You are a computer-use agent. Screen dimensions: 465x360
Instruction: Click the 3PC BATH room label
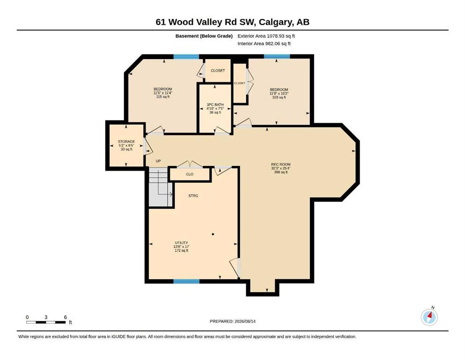pos(215,105)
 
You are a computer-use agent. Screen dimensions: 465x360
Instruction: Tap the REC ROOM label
pos(281,165)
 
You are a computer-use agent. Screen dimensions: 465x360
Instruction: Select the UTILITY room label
pos(181,243)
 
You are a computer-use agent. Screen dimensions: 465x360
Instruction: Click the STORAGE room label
pos(126,142)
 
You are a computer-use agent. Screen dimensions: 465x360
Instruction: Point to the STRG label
pos(193,196)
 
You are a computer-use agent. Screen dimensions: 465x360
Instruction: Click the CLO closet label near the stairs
pos(190,174)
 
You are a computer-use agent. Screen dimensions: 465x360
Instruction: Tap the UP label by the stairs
pos(158,161)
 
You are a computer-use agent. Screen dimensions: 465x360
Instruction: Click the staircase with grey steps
pos(161,187)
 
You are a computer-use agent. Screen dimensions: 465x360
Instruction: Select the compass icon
pos(429,317)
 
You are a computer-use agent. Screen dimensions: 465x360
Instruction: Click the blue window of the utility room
pos(186,281)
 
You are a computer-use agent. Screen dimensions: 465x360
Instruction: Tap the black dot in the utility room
pos(213,234)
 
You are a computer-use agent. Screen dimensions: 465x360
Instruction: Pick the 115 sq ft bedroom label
pos(163,93)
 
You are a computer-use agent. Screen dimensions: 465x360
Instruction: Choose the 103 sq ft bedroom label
pos(279,93)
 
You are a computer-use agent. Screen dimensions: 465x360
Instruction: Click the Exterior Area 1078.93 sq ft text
pos(266,36)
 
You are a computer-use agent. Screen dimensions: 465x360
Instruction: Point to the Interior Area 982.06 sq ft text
pos(264,44)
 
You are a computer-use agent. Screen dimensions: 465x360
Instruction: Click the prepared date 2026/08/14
pos(245,321)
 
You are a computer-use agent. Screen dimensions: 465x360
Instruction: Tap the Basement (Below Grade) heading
pos(204,36)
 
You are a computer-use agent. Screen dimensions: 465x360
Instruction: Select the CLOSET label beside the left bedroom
pos(218,71)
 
